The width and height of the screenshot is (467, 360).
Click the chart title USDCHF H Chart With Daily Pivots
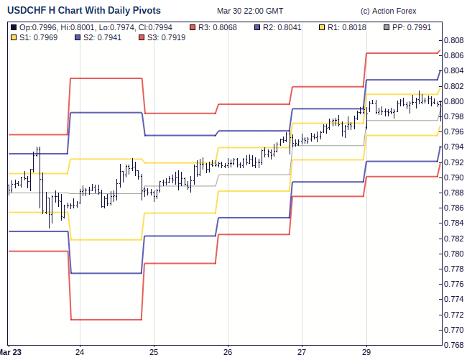pos(84,11)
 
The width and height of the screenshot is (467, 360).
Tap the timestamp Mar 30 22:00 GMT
pos(250,11)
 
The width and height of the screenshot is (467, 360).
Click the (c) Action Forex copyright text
pos(388,11)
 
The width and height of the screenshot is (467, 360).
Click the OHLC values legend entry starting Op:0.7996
pos(93,27)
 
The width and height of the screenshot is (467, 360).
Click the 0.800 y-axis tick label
pos(453,101)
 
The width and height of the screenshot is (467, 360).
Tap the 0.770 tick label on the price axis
pos(453,331)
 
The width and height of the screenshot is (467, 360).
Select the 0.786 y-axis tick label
pos(453,208)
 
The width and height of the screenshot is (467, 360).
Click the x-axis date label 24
pos(80,352)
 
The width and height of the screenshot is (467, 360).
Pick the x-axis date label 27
pos(302,352)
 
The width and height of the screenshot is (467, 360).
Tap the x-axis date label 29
pos(367,352)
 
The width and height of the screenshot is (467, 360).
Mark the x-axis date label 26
pos(228,352)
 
